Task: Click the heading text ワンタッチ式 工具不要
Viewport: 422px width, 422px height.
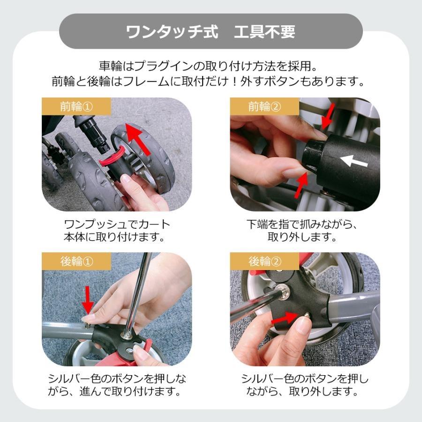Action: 211,32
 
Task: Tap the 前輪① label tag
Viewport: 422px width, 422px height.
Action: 76,106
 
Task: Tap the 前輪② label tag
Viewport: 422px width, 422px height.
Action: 264,106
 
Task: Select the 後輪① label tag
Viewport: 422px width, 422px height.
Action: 76,262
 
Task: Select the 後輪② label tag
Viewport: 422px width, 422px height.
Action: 264,262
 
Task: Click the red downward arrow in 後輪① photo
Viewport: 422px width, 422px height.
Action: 87,300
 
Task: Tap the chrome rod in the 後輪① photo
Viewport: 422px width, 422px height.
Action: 141,291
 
